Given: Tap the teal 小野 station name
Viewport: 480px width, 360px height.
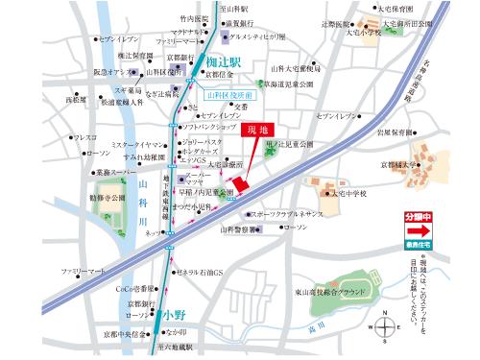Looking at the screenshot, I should coord(174,313).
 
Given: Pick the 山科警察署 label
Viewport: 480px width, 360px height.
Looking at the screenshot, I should coord(239,229).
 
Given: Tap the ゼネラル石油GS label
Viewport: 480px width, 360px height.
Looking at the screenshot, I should coord(200,272).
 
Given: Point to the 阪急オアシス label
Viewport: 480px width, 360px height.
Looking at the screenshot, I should coord(113,72).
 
